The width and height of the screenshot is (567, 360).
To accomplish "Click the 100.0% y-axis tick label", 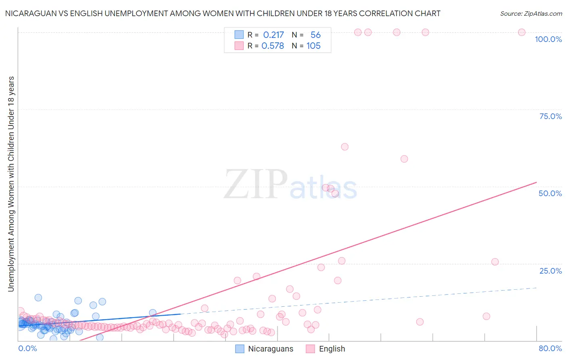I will [548, 39].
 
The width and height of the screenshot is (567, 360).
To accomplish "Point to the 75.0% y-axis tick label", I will [550, 116].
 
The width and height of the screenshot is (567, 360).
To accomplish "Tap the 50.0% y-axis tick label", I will [550, 193].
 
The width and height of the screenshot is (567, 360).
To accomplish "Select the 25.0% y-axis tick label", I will [550, 271].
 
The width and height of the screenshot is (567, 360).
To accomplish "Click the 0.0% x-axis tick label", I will [27, 348].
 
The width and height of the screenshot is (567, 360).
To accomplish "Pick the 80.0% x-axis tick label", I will [550, 348].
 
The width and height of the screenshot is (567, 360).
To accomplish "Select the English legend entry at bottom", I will [325, 349].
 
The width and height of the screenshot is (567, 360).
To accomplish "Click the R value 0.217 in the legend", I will [273, 35].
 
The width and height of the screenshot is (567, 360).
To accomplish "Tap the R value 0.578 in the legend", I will [273, 46].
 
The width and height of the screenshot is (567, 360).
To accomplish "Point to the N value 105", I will [313, 46].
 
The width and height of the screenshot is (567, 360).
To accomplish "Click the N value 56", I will [315, 35].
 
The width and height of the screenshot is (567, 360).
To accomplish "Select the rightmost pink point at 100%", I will [521, 32].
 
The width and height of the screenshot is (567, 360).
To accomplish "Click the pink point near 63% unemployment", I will [344, 147].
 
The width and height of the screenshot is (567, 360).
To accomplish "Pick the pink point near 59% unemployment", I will [404, 159].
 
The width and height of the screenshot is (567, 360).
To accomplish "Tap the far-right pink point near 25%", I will [495, 262].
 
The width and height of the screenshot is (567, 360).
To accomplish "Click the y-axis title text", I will [11, 184].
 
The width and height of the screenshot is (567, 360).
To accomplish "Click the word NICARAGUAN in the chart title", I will [29, 13].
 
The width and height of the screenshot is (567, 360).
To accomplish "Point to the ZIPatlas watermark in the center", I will [290, 185].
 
